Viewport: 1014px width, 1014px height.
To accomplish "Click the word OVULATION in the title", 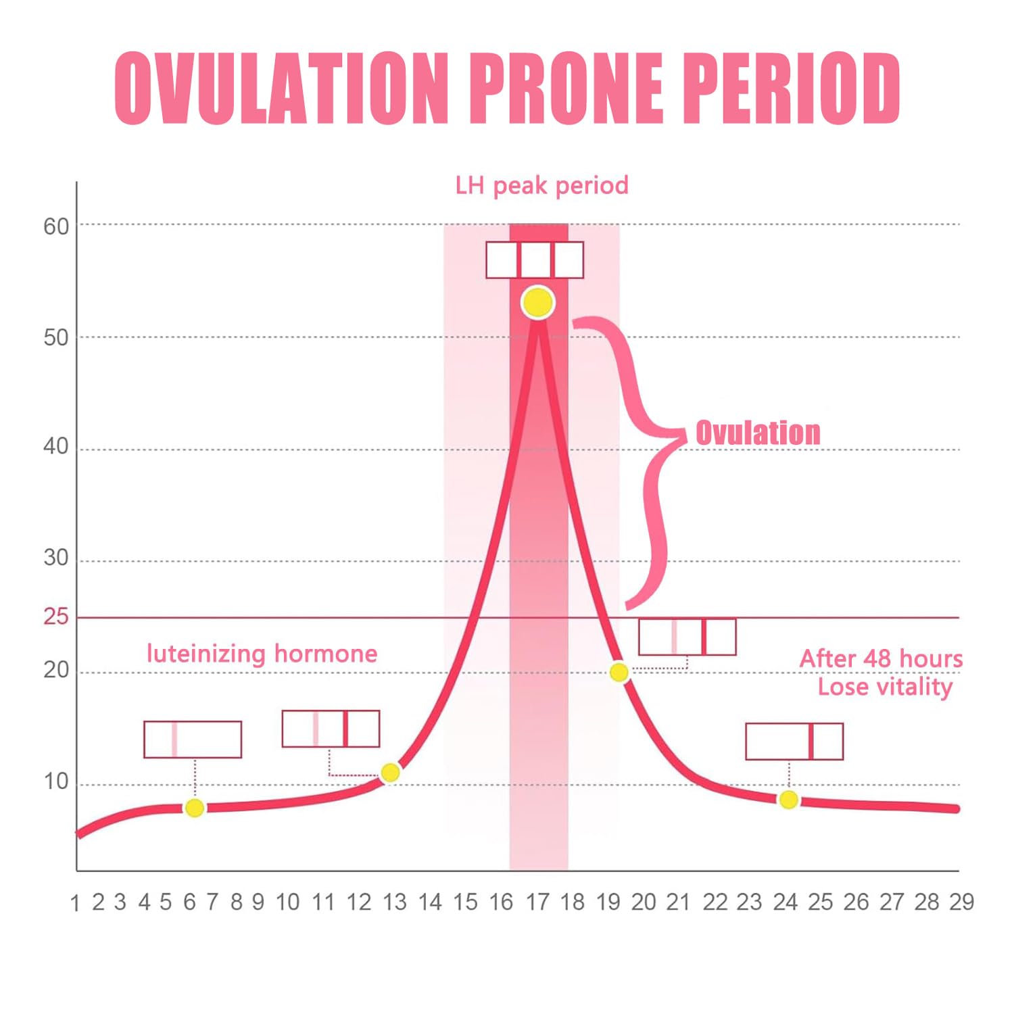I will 281,89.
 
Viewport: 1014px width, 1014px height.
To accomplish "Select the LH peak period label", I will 541,185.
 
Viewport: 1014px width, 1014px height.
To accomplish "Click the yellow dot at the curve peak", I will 537,302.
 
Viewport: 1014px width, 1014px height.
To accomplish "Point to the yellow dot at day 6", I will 195,808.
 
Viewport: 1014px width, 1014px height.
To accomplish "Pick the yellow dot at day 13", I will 390,773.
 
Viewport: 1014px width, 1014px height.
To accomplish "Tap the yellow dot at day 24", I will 788,800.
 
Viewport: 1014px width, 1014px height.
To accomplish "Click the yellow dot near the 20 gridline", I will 619,673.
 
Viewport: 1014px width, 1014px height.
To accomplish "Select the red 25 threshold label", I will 56,617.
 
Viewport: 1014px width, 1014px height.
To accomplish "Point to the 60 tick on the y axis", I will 56,226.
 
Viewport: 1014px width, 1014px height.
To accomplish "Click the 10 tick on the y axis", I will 56,782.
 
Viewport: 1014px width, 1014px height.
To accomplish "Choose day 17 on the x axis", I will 537,902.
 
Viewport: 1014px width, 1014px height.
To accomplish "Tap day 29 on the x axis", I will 961,902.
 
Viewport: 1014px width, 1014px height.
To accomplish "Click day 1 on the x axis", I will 75,903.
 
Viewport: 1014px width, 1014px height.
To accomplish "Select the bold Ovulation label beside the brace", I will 758,433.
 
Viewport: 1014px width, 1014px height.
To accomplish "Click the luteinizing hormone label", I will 262,654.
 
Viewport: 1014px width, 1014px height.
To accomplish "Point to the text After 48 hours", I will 881,658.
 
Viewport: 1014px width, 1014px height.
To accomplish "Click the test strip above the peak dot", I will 535,260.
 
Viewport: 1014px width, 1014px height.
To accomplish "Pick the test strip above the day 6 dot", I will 193,740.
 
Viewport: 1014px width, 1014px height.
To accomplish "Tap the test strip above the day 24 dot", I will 794,742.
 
